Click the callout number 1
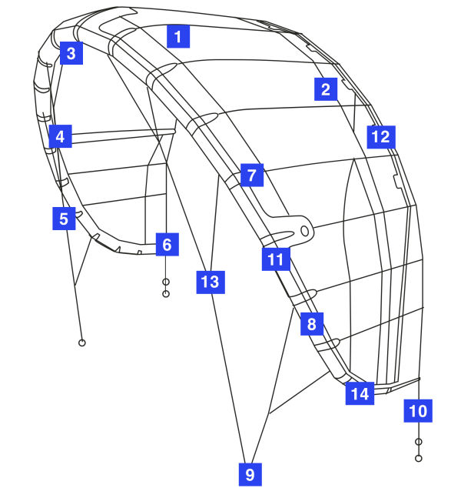point(178,36)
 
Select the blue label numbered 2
point(326,89)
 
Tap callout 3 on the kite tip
point(71,54)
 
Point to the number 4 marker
point(59,138)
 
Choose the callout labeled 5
point(63,218)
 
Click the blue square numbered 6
point(167,246)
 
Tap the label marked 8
point(311,325)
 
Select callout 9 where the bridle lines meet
point(249,474)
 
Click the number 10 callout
point(418,411)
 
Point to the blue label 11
point(275,259)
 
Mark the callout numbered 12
point(380,137)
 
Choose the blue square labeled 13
point(209,282)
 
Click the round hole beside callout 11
point(305,230)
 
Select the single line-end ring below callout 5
point(82,341)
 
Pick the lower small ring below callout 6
point(166,294)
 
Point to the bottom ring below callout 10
point(419,458)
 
